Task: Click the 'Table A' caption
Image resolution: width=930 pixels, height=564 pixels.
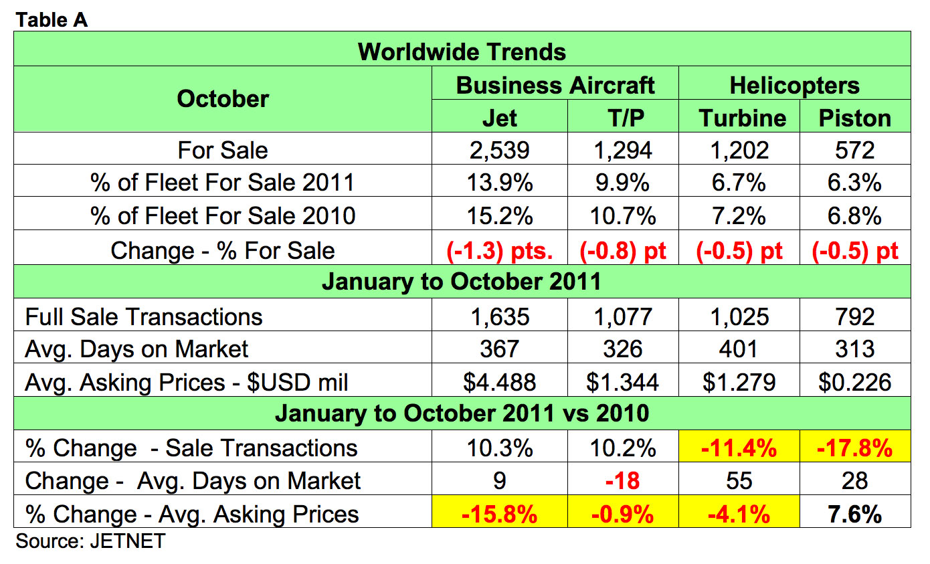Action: coord(52,20)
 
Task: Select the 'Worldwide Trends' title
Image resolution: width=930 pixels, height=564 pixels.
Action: coord(462,52)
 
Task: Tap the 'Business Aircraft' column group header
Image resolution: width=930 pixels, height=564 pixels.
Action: coord(555,85)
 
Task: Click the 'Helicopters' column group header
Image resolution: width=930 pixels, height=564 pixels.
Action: coord(794,85)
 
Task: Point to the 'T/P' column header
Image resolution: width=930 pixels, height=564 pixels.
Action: coord(622,118)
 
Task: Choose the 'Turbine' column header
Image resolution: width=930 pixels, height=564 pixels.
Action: coord(743,118)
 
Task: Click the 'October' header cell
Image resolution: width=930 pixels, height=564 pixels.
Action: coord(223,99)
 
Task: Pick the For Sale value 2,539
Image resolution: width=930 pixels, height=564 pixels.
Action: coord(499,149)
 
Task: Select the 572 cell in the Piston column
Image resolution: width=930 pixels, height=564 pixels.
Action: coord(855,149)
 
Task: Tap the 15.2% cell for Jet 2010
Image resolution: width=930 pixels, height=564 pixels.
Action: coord(499,216)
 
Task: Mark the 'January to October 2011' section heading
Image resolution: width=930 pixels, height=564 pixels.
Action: coord(462,282)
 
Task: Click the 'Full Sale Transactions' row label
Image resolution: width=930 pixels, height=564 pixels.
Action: coord(144,316)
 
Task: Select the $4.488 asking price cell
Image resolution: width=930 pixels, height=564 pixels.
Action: coord(499,381)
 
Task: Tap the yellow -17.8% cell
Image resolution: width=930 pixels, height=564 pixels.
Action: coord(855,448)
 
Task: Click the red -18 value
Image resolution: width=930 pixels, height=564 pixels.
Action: coord(622,480)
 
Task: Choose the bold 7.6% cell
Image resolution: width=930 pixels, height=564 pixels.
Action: coord(855,514)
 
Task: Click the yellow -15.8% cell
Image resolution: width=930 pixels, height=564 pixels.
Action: coord(499,514)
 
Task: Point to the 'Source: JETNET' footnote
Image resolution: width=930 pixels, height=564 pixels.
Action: coord(90,541)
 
